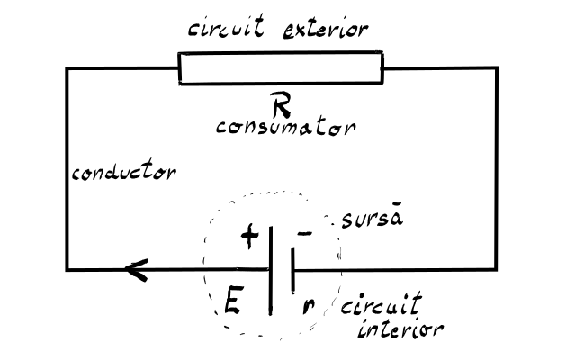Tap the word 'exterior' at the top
coord(326,30)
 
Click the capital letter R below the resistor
coord(281,104)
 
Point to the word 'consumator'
coord(286,126)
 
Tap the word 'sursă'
coord(372,217)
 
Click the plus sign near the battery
coord(250,236)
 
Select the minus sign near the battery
coord(304,233)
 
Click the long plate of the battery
coord(271,270)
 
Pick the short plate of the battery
coord(292,271)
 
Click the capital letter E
coord(234,301)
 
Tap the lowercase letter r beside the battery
coord(309,306)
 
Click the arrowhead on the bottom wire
coord(137,270)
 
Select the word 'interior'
coord(400,328)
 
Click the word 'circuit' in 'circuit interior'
coord(381,303)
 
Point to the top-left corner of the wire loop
coord(67,68)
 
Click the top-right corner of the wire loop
coord(497,68)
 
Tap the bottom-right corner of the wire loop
coord(496,270)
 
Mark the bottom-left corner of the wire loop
coord(67,270)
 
